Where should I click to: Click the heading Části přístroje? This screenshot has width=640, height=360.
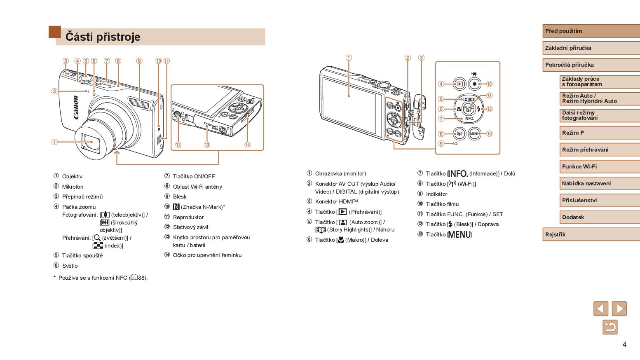coord(103,37)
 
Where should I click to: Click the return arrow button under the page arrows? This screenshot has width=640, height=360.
coord(610,327)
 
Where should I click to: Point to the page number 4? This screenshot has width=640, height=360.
coord(624,344)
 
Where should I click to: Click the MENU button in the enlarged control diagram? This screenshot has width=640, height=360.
coord(474,133)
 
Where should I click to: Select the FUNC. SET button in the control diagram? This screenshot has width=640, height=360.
coord(469,109)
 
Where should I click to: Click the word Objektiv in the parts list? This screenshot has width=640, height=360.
coord(72,176)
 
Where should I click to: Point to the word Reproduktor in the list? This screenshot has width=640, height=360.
coord(188,217)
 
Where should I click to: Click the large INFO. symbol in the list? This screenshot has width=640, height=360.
coord(458,174)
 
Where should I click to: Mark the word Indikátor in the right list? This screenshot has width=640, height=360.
coord(436,194)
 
